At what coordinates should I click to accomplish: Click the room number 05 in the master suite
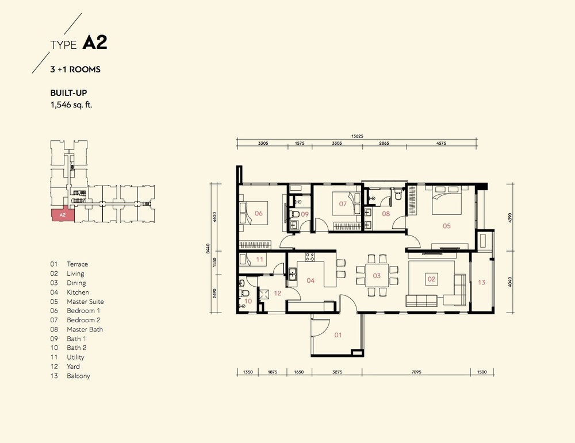coord(446,226)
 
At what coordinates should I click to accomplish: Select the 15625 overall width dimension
coord(357,136)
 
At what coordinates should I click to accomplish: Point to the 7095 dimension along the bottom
coord(416,372)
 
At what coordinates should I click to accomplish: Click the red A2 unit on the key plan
coord(63,215)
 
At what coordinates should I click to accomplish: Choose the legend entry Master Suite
coord(85,302)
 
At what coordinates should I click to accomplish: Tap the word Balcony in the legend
coord(78,376)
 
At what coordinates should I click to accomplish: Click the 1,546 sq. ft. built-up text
coord(71,105)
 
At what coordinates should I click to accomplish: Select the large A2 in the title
coord(95,43)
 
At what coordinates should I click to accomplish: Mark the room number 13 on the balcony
coord(481,282)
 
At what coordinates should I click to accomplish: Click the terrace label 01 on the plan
coord(338,335)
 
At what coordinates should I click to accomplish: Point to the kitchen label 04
coord(310,280)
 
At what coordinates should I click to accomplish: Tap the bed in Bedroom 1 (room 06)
coord(253,213)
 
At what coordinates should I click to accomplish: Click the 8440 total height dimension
coord(208,249)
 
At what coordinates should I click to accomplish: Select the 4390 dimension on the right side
coord(509,217)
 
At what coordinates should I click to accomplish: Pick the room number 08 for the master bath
coord(386,214)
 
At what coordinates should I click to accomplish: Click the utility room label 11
coord(260,260)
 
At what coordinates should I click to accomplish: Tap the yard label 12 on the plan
coord(278,293)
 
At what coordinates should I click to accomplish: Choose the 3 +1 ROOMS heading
coord(75,70)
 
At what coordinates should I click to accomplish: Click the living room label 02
coord(431,279)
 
